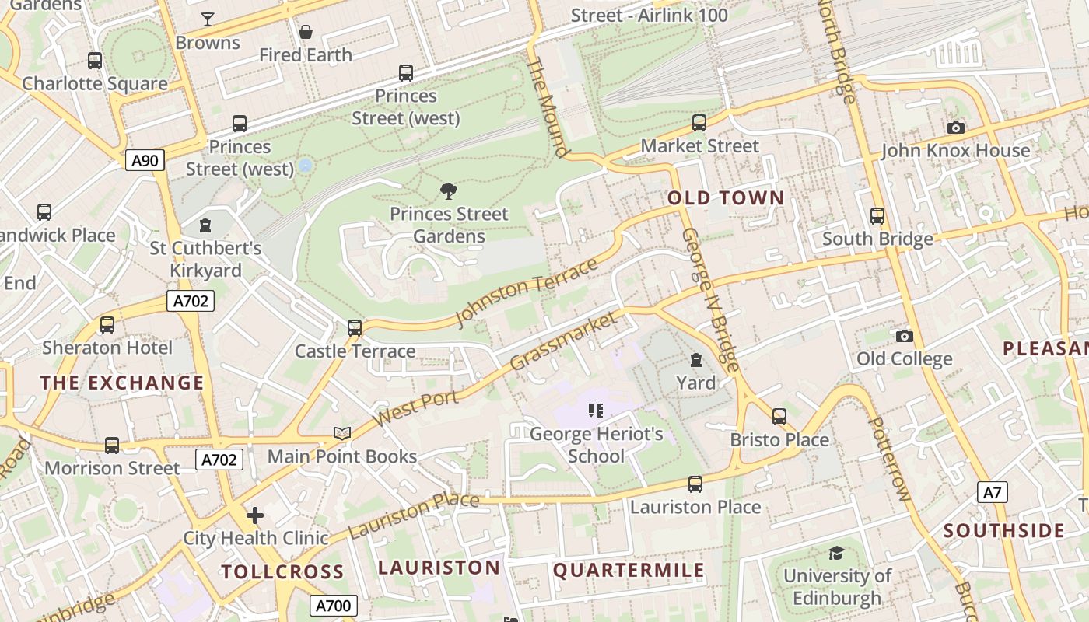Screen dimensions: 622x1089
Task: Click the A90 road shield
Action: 145,161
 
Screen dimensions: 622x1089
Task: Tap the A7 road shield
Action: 992,492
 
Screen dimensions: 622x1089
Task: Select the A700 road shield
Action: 334,606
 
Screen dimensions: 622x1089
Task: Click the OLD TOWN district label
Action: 726,198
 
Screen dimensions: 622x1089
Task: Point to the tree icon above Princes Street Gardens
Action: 448,191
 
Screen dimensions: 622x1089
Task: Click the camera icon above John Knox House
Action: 955,128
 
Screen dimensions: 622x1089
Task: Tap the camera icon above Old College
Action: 904,336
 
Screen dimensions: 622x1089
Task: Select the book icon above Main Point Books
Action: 342,433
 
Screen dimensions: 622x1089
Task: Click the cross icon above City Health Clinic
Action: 255,515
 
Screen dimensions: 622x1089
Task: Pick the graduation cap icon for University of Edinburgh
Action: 836,553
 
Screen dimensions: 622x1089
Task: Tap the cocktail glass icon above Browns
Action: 208,19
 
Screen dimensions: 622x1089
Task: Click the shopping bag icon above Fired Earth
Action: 306,32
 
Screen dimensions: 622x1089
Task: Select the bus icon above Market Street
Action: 699,123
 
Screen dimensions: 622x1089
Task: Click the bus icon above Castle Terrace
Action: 355,328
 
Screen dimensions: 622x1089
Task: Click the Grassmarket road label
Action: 566,341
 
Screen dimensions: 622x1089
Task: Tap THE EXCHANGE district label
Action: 122,383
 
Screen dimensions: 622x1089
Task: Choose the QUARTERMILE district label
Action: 629,571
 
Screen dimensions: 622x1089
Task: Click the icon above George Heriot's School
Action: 596,410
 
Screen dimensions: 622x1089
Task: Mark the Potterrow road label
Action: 888,459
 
